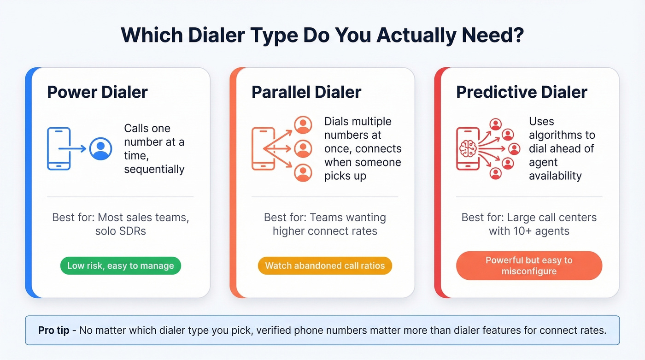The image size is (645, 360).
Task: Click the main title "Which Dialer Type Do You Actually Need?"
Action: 322,35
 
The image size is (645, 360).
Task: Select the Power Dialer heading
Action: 97,92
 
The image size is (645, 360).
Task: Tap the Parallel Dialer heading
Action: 306,92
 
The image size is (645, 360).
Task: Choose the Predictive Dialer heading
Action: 522,92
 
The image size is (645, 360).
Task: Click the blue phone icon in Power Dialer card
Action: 59,149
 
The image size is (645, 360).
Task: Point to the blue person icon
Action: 100,149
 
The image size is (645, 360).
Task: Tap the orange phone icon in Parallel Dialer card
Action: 263,149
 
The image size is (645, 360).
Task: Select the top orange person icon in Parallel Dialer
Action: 303,124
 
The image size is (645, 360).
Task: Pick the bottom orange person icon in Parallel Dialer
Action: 303,172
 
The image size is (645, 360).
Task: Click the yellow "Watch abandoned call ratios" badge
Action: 325,266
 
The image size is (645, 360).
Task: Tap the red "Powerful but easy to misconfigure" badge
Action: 529,266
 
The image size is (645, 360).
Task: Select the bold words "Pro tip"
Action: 54,330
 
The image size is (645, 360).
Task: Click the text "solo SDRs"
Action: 120,231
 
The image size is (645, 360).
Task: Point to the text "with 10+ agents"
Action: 529,231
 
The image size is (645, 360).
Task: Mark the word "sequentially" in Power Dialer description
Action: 154,169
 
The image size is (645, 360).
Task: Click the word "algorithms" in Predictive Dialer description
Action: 562,135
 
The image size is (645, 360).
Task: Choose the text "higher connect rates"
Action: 325,231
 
